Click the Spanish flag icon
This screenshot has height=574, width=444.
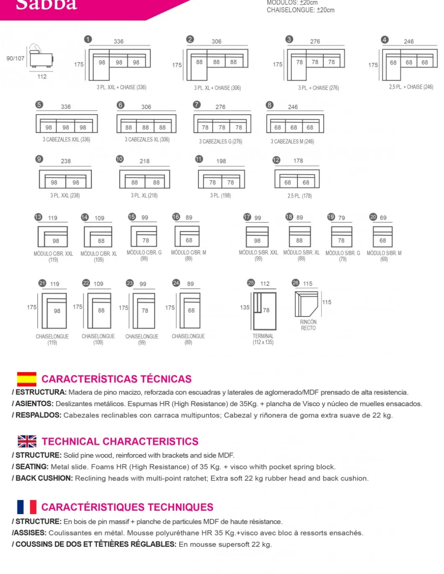[26, 378]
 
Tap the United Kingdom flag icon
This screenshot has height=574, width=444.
[27, 441]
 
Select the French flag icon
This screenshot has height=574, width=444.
[26, 507]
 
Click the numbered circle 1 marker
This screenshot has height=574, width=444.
[88, 39]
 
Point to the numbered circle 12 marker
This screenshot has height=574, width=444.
[276, 160]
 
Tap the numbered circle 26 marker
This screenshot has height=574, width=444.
[296, 283]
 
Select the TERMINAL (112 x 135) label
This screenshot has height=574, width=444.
[263, 339]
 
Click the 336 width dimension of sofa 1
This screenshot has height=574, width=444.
[119, 41]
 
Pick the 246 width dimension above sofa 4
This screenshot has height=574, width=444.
[409, 41]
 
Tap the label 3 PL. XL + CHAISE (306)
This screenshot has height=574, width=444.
[217, 88]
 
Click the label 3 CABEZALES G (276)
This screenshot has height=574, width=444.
[220, 142]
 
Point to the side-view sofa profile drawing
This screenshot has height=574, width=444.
[41, 57]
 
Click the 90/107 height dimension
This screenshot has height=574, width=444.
[15, 58]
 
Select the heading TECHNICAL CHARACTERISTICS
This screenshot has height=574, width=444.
[120, 441]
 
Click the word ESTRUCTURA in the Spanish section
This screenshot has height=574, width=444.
[41, 392]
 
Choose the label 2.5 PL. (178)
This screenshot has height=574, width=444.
[299, 196]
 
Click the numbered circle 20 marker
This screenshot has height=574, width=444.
[373, 217]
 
